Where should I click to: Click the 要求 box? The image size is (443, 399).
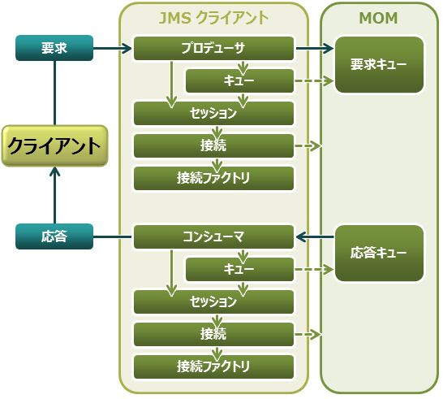(x=54, y=49)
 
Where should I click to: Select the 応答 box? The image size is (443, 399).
(x=54, y=237)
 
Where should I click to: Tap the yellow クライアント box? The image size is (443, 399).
(x=54, y=146)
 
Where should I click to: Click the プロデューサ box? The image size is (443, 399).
(x=213, y=49)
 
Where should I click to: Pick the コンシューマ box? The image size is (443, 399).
(x=213, y=237)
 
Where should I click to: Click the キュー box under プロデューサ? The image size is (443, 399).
(x=239, y=81)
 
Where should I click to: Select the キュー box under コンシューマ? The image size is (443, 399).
(x=239, y=270)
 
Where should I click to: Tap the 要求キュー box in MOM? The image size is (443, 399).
(x=379, y=65)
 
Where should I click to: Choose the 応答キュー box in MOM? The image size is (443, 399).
(x=379, y=254)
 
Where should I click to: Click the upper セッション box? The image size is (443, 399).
(x=213, y=114)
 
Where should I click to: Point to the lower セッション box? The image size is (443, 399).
(x=213, y=302)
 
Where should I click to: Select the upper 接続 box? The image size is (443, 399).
(x=213, y=146)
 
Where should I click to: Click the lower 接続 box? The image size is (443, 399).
(x=213, y=335)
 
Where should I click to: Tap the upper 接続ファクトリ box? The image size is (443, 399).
(x=213, y=178)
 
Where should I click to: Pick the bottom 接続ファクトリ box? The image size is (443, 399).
(x=213, y=366)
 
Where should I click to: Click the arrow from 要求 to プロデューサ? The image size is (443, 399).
(x=112, y=49)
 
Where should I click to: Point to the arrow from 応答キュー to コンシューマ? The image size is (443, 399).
(x=315, y=237)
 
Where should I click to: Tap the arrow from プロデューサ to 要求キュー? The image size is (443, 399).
(x=315, y=49)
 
